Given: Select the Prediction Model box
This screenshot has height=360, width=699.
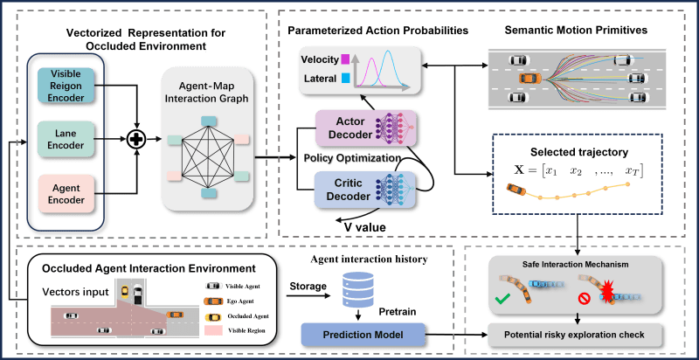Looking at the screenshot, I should [x=363, y=335].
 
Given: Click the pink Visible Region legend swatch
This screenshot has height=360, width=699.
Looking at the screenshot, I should [x=211, y=331].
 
